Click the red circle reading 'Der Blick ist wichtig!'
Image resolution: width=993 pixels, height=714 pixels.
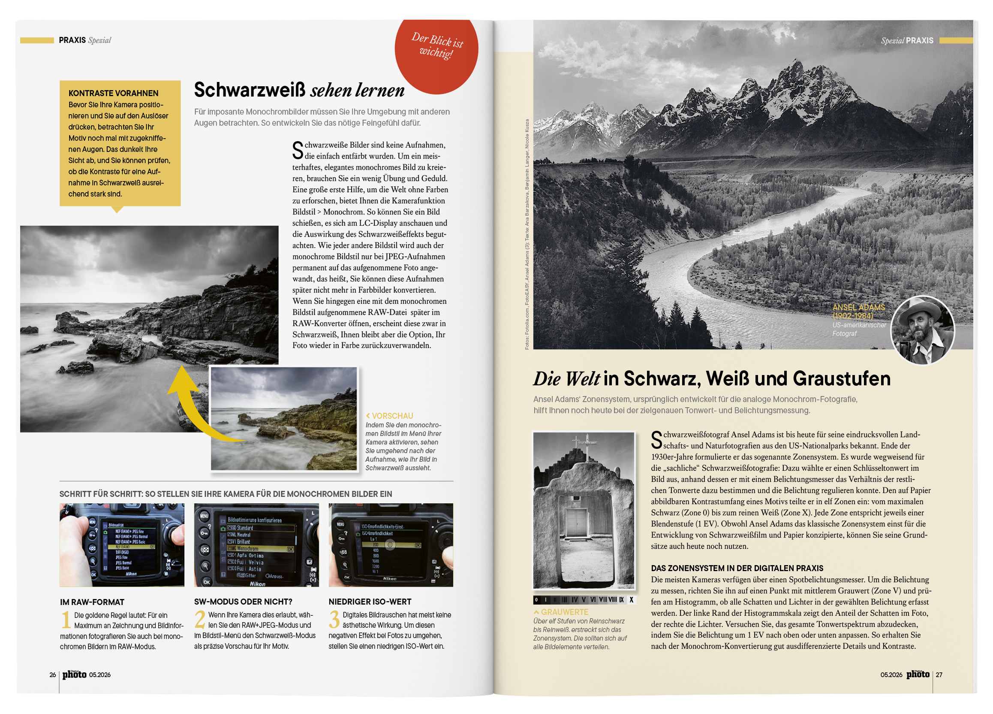(x=436, y=50)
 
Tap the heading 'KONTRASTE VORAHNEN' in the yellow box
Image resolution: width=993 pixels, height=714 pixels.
(x=113, y=93)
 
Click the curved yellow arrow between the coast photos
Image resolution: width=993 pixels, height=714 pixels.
(x=193, y=403)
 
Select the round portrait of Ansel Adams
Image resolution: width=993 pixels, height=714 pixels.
(x=923, y=330)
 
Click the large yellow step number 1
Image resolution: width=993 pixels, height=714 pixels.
(x=66, y=620)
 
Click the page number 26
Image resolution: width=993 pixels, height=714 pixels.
(x=53, y=675)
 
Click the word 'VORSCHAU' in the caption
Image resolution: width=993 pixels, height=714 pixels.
(x=392, y=416)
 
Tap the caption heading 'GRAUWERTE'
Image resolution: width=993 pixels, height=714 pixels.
(x=564, y=612)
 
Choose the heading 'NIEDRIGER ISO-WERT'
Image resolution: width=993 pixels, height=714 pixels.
(x=370, y=602)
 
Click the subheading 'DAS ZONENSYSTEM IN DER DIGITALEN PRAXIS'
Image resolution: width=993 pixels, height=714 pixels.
(x=737, y=568)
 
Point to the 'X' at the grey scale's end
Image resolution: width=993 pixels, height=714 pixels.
(x=632, y=600)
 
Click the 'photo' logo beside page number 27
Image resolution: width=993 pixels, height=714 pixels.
(x=918, y=675)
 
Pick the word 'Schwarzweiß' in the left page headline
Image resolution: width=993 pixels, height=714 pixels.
(x=250, y=90)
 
